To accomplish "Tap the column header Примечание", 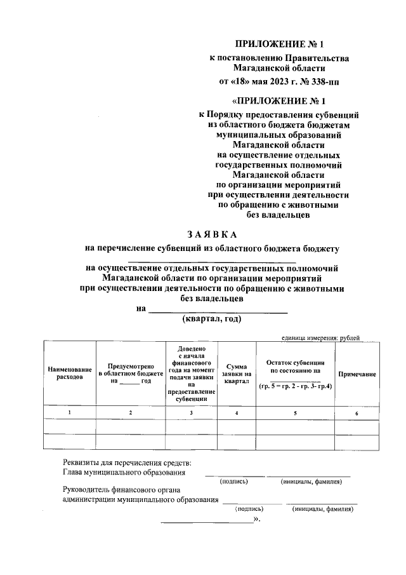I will [x=357, y=374].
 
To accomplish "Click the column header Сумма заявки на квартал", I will [x=236, y=374].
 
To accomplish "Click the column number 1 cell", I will [x=69, y=413].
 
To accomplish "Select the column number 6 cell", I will [x=357, y=413].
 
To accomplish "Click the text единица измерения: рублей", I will [x=321, y=337].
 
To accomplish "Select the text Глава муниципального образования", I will [x=124, y=472].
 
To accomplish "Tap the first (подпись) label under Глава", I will [x=233, y=482].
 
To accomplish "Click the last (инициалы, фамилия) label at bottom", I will [x=322, y=509].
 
